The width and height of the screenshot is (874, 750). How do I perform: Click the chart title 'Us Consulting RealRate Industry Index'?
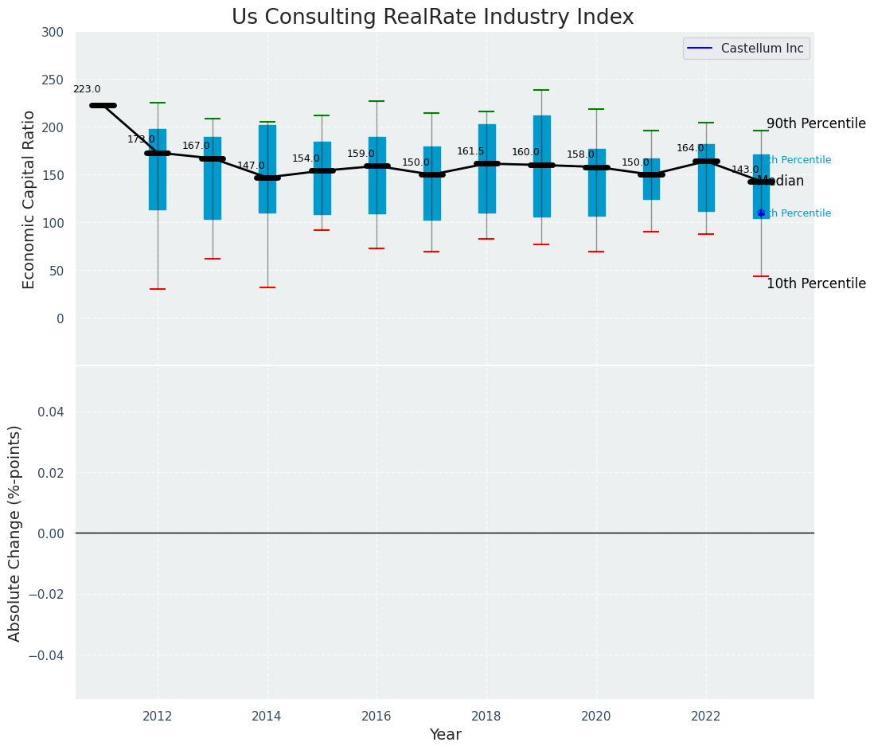[x=432, y=18]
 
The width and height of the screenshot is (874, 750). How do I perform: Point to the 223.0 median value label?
[x=87, y=90]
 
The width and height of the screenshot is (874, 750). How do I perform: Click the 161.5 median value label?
[x=470, y=151]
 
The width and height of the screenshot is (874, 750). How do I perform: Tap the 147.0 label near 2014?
[x=251, y=166]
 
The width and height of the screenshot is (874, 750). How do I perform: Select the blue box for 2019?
[x=541, y=166]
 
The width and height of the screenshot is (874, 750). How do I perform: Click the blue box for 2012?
[x=158, y=169]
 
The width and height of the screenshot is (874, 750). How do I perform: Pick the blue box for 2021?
[x=651, y=178]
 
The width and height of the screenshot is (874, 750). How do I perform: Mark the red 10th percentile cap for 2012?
[x=158, y=289]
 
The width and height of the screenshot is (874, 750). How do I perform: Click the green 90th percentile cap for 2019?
[x=541, y=90]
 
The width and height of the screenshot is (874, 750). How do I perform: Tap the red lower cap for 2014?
[x=267, y=287]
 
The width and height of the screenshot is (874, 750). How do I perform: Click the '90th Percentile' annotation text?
[x=816, y=124]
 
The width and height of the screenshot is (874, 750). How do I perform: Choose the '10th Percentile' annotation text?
[x=816, y=284]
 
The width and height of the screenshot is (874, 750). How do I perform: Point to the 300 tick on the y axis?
[x=53, y=32]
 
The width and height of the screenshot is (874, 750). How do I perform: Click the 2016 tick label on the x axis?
[x=377, y=717]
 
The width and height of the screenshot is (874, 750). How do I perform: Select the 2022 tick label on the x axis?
[x=706, y=717]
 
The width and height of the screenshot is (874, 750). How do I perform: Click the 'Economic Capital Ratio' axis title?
[x=29, y=199]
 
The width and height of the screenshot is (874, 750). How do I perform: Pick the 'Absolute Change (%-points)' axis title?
[x=15, y=533]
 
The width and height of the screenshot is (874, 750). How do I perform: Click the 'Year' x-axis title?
[x=445, y=735]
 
